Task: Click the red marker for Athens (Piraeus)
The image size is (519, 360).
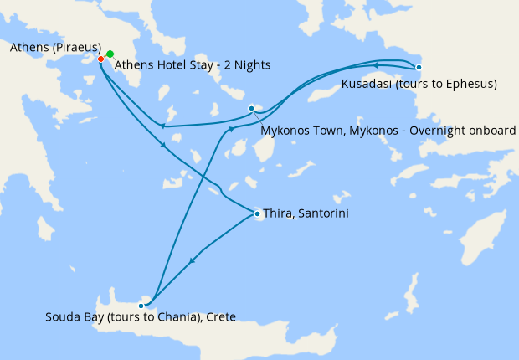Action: (x=100, y=59)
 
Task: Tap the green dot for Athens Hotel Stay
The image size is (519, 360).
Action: (x=110, y=54)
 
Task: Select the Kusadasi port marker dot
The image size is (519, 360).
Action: (x=419, y=67)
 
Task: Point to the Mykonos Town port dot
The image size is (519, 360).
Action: (x=251, y=109)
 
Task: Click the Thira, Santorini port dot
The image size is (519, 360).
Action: (x=256, y=214)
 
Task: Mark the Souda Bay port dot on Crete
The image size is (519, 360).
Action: (x=141, y=306)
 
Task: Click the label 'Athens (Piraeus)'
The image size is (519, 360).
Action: (x=55, y=47)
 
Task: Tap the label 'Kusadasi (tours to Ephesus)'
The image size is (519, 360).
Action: (x=419, y=84)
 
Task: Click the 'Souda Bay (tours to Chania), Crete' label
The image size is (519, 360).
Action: (x=141, y=316)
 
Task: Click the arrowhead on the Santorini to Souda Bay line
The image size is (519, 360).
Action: (x=193, y=261)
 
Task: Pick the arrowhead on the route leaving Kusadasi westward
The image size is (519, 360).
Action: (x=376, y=64)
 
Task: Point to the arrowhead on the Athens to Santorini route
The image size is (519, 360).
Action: (x=164, y=146)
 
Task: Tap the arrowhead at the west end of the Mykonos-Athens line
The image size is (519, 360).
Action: (x=162, y=126)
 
